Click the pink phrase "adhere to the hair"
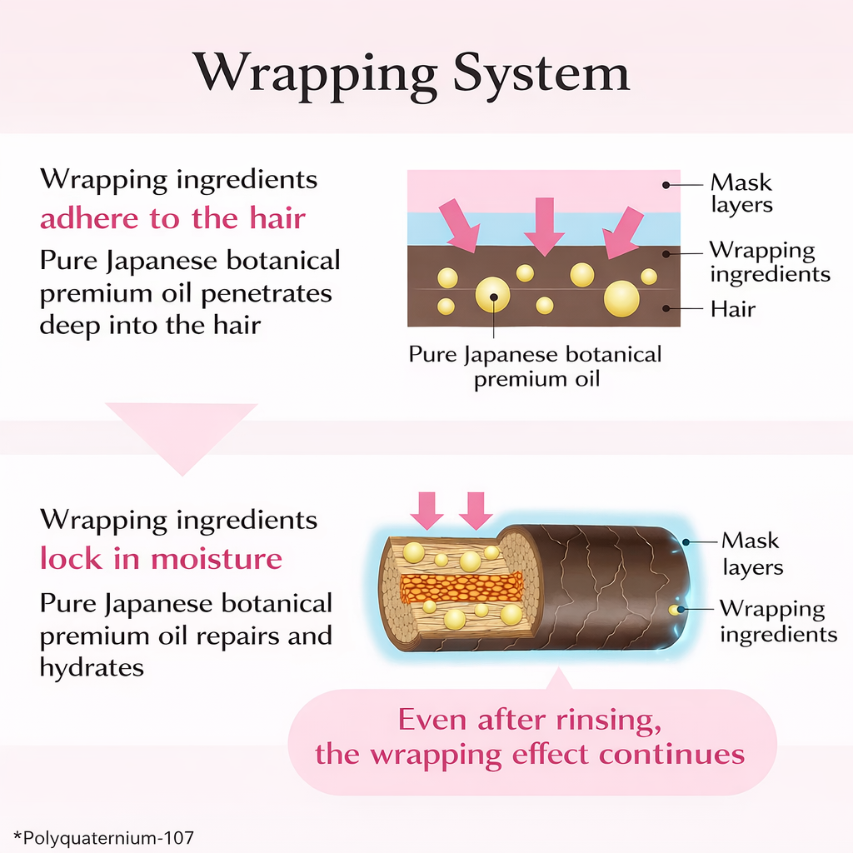point(172,218)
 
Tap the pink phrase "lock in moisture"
point(161,558)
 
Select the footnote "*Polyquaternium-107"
point(103,836)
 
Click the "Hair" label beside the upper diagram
point(732,309)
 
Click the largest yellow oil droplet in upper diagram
point(621,298)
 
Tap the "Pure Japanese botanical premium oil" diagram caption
point(535,367)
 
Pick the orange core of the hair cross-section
point(461,586)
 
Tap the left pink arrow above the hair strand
point(428,510)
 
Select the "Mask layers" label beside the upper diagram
point(741,193)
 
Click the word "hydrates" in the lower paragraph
point(92,666)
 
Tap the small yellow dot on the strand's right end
point(674,611)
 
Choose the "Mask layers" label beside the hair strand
point(751,554)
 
